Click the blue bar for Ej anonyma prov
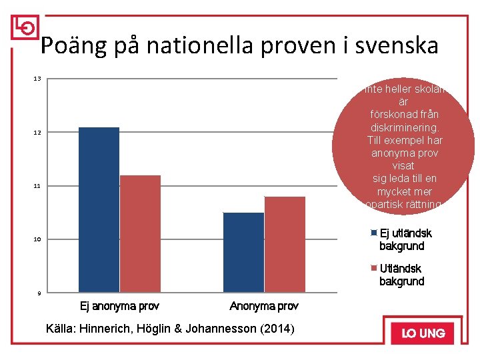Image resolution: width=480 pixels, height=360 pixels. point(99,209)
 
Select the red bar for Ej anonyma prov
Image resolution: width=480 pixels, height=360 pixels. point(140,233)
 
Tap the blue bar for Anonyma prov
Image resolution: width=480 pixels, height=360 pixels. point(243,252)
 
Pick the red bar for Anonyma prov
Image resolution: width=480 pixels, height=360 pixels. point(285,244)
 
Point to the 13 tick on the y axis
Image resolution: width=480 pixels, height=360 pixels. point(37,79)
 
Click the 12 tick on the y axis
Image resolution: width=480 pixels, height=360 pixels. point(37,133)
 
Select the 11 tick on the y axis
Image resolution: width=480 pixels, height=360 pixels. point(37,186)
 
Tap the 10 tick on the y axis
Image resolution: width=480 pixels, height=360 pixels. point(37,239)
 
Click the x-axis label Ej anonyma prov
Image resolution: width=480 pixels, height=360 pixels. point(119,306)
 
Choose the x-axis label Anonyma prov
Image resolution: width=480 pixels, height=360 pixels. point(264,306)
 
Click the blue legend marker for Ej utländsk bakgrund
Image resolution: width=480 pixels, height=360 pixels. point(374,233)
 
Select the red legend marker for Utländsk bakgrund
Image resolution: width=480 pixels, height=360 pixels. point(374,269)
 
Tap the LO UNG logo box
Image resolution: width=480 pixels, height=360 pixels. point(423,333)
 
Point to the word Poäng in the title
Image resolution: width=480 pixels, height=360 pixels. point(70,46)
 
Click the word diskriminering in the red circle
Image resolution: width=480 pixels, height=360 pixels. point(403,127)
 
